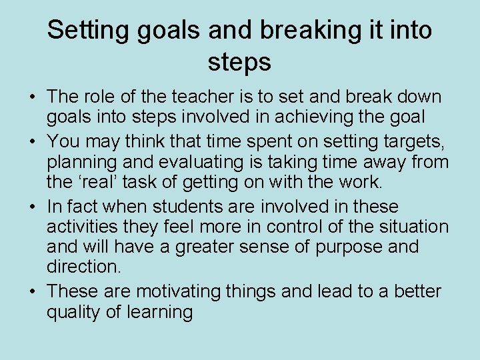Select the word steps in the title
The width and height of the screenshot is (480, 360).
(239, 62)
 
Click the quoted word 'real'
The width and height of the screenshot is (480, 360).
(99, 181)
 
